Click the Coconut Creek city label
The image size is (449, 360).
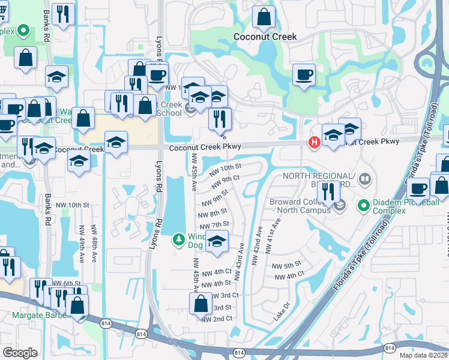(265, 37)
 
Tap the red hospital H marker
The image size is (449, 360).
(313, 142)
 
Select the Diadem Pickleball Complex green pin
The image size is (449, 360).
(363, 207)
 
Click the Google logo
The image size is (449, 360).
(20, 353)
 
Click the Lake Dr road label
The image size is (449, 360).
(282, 311)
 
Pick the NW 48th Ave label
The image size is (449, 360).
(95, 243)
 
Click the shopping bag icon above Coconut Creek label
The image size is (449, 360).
(264, 17)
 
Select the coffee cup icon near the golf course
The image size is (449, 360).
(304, 75)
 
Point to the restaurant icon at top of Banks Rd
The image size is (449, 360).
(63, 14)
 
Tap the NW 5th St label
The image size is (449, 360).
(286, 265)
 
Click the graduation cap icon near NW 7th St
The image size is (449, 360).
(217, 242)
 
